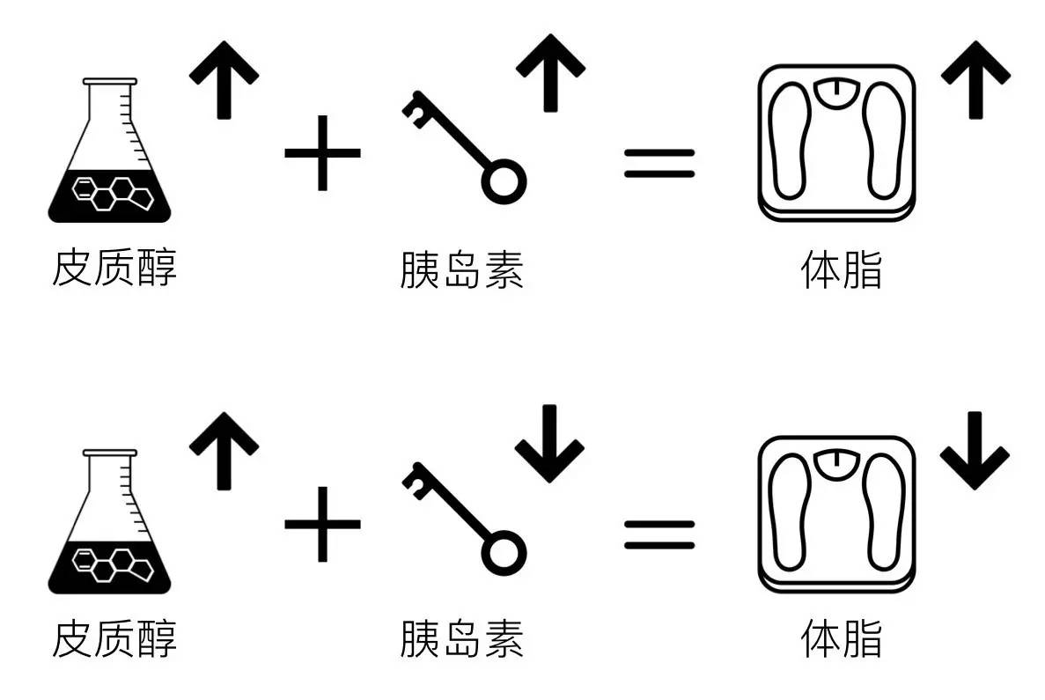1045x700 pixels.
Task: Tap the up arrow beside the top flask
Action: (x=224, y=80)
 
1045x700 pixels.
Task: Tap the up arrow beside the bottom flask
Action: (x=224, y=452)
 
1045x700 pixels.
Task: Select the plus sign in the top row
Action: (x=322, y=153)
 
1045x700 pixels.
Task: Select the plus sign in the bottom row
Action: (x=322, y=525)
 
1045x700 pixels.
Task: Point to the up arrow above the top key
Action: (x=550, y=73)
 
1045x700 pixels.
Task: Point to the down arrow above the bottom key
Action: (x=550, y=444)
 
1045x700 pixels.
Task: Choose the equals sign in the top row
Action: (x=659, y=164)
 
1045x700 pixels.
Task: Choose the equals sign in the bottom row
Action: (x=659, y=534)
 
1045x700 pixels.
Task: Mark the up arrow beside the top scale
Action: (x=975, y=80)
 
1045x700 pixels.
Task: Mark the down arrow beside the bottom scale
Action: (x=975, y=452)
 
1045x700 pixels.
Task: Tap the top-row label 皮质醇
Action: (x=114, y=268)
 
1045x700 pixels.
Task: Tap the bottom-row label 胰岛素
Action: (x=462, y=639)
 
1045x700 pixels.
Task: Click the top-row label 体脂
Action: (x=842, y=269)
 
